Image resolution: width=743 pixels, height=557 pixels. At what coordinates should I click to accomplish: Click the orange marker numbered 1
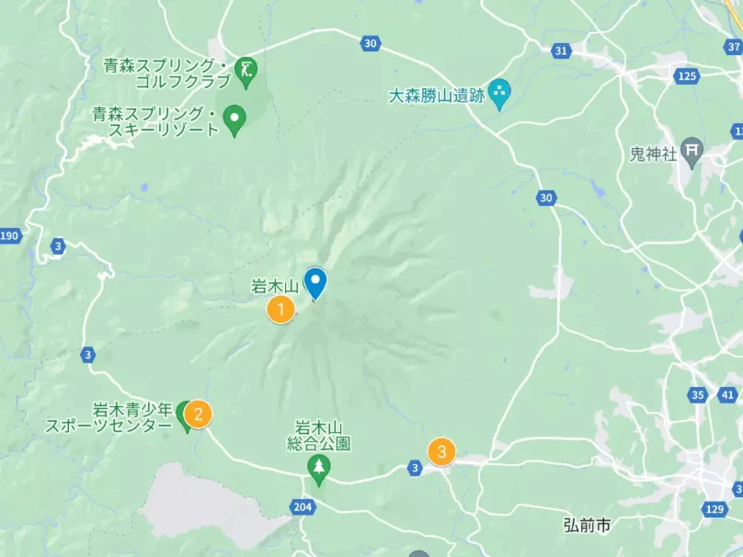coord(281,309)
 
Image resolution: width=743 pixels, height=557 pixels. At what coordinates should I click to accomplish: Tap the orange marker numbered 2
coord(199,414)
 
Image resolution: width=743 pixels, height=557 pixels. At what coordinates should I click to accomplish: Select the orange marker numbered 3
coord(442,451)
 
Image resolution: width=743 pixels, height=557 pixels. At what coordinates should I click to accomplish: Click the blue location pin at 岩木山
coord(316,283)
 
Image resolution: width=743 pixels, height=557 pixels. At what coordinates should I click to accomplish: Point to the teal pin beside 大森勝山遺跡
coord(499,92)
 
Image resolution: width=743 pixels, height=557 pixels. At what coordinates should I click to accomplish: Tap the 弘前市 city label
coord(587,525)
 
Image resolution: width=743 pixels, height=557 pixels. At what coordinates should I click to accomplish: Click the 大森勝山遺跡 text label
coord(437,96)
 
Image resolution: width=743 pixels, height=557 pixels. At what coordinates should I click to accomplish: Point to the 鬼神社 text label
coord(654,154)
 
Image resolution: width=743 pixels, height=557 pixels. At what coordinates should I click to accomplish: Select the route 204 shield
coord(302,507)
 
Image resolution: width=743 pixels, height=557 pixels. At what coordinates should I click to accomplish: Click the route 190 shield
coord(9,236)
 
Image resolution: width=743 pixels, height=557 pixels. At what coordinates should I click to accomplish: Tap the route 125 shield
coord(687,76)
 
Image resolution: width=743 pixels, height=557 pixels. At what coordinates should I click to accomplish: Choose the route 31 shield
coord(561,50)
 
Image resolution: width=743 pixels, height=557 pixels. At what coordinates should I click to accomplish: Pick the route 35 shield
coord(698,395)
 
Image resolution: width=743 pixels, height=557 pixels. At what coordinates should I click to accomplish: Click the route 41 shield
coord(728,395)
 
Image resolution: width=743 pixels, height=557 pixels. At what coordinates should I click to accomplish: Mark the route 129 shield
coord(715,509)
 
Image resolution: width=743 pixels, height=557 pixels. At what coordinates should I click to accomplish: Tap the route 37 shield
coord(734,47)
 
